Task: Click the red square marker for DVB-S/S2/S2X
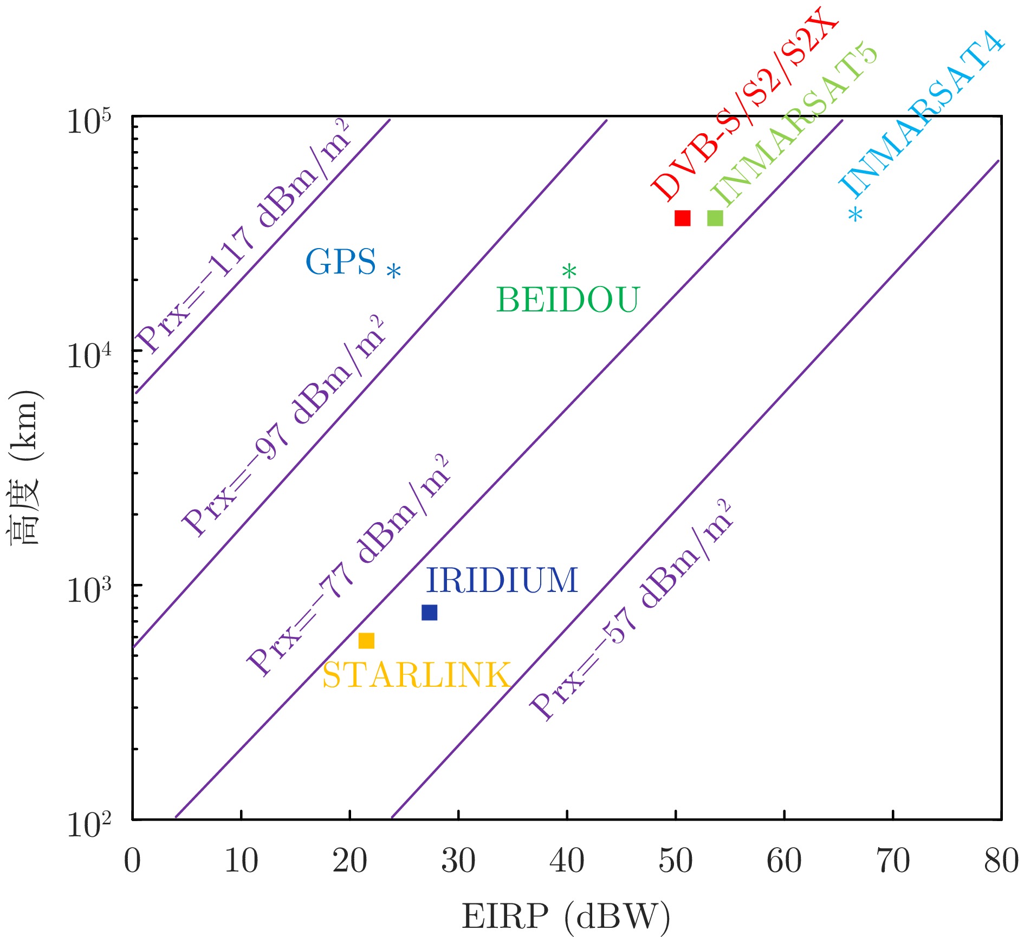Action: [682, 218]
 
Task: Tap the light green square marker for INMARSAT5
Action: [715, 218]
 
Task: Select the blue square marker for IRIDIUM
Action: [429, 613]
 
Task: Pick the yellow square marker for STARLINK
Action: [366, 641]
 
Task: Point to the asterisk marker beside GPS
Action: [394, 271]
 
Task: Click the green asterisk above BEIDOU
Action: [569, 271]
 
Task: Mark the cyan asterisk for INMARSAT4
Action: [856, 215]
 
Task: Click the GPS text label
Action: [341, 262]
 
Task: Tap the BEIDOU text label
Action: [568, 300]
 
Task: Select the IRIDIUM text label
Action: [502, 581]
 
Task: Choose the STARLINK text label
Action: [416, 675]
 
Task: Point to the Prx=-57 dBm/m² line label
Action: [632, 610]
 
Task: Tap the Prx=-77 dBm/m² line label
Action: [349, 566]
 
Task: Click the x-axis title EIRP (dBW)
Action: [566, 916]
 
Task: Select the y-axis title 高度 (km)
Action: [25, 467]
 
